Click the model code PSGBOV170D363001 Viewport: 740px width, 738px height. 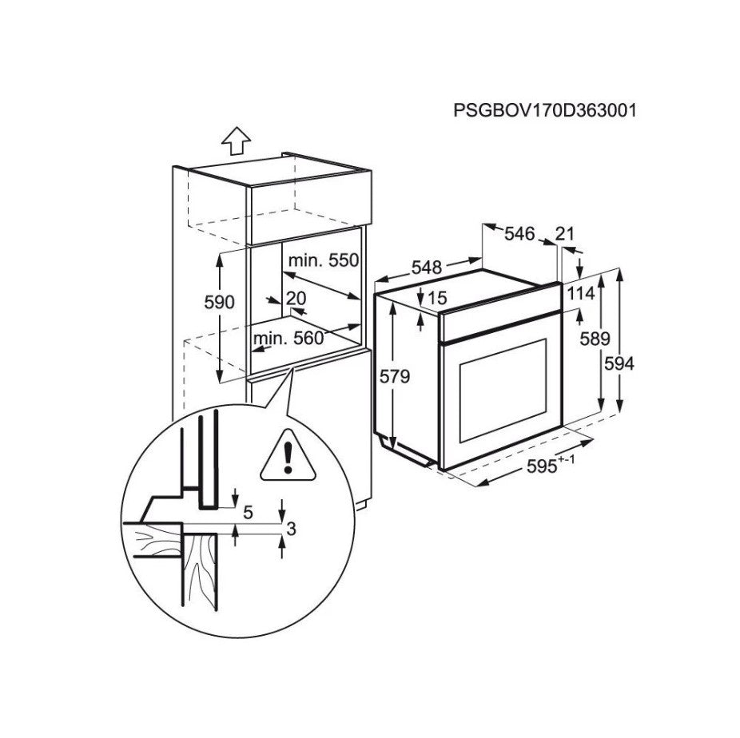[545, 110]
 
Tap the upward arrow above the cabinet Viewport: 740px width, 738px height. [236, 141]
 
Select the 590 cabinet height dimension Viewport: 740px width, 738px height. [219, 303]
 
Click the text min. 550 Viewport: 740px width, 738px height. [324, 260]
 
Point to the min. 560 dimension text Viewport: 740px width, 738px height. [288, 338]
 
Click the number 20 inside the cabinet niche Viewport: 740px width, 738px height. [296, 298]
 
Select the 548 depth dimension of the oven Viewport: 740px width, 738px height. [427, 268]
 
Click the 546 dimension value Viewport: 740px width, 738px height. [519, 234]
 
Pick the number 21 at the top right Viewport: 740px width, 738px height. [565, 234]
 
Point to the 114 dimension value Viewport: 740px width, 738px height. [581, 294]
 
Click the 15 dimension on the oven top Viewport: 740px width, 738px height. [436, 297]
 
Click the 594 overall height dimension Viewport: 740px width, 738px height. [619, 363]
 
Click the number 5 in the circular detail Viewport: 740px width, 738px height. [248, 514]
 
